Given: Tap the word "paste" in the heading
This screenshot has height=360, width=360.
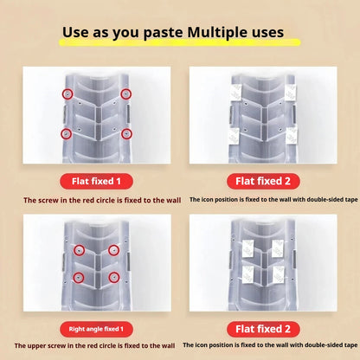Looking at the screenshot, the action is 163,33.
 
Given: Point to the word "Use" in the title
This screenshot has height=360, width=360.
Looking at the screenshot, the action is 75,32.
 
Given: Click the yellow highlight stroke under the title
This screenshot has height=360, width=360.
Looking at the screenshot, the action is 179,42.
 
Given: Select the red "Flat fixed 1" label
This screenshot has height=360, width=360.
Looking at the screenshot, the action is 96,181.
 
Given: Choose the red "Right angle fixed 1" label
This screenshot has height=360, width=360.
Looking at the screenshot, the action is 96,329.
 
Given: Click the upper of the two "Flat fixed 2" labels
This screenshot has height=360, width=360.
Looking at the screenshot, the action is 263,181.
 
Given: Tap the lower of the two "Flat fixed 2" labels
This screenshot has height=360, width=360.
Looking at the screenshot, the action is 263,329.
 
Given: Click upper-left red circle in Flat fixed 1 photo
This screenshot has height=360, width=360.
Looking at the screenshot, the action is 67,94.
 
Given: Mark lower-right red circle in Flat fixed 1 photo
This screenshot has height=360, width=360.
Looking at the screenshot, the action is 126,134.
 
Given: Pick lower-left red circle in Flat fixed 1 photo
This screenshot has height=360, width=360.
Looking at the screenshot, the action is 67,134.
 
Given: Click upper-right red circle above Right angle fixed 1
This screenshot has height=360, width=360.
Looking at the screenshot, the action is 113,250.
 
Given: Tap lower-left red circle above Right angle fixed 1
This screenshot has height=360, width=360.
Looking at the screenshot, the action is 79,278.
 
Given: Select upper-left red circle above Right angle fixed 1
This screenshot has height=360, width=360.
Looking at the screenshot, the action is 80,250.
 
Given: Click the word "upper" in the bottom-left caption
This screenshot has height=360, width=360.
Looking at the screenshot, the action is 35,346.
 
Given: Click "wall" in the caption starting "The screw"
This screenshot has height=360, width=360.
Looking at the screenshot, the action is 174,200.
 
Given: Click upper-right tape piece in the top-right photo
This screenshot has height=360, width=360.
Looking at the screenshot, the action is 291,93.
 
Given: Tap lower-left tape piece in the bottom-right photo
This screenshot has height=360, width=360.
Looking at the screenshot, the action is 248,274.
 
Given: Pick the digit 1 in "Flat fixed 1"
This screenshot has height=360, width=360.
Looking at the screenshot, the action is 119,182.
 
